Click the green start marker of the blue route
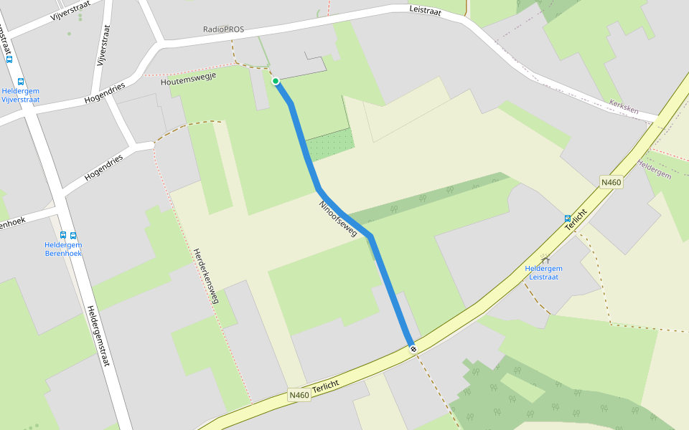coord(275,81)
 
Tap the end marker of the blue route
coord(413,349)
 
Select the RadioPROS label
coord(223,29)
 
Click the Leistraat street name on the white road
coord(425,11)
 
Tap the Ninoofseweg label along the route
coord(338,218)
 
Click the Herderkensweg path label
coord(205,276)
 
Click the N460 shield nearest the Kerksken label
coord(611,183)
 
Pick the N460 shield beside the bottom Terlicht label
coord(299,395)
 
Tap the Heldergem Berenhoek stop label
coord(63,249)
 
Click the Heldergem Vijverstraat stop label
coord(20,95)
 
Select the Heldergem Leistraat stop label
coord(543,272)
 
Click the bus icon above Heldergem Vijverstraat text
coord(20,82)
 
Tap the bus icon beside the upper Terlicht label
coord(568,219)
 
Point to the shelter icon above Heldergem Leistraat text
coord(545,259)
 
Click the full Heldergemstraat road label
coord(98,335)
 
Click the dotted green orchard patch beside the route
coord(330,145)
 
